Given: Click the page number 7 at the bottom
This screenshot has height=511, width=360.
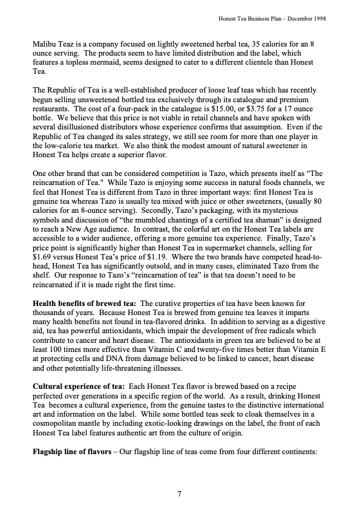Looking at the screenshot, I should pos(180,495).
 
